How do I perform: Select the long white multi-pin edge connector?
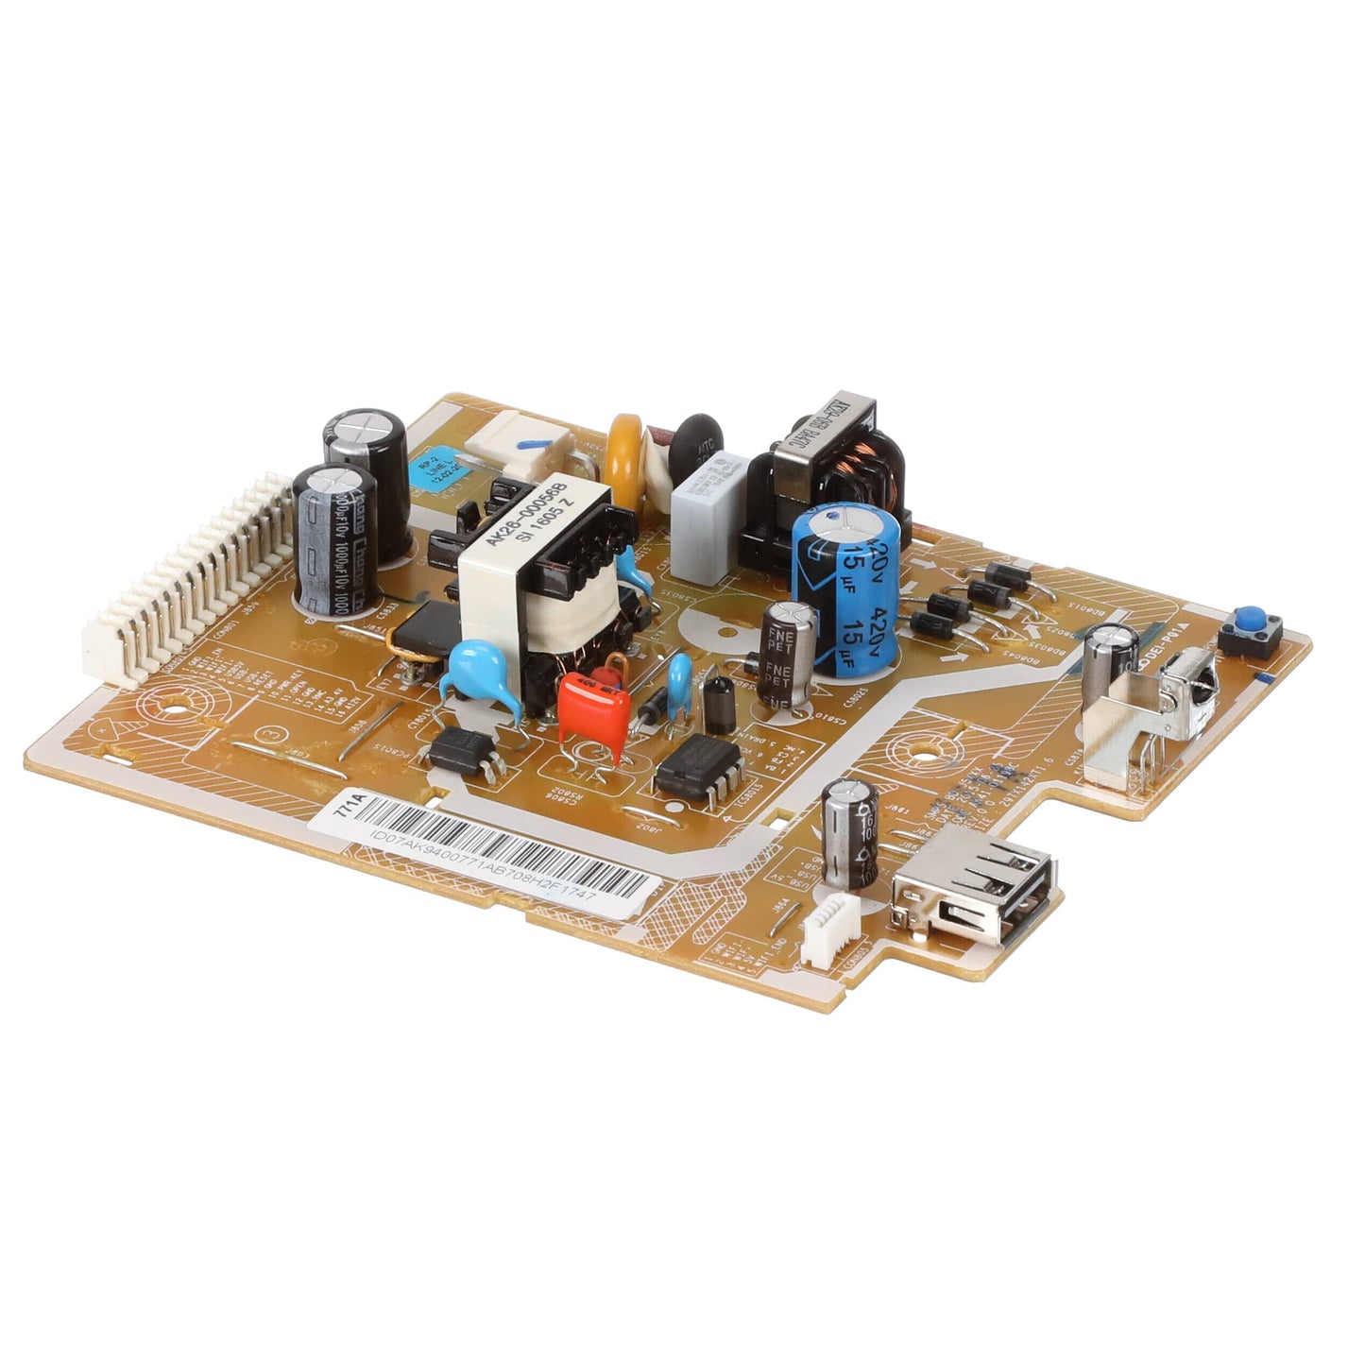click(189, 586)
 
